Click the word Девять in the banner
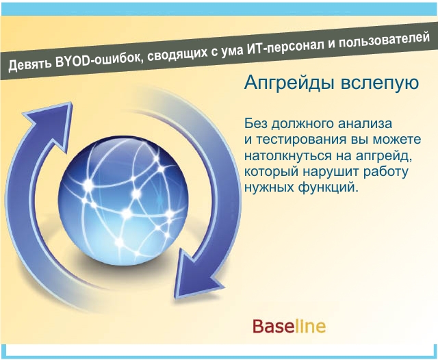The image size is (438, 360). click(x=30, y=64)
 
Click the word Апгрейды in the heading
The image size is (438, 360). click(x=289, y=83)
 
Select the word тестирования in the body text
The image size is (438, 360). click(x=299, y=140)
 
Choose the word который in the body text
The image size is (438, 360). click(x=271, y=172)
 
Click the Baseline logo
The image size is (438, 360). click(x=289, y=326)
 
